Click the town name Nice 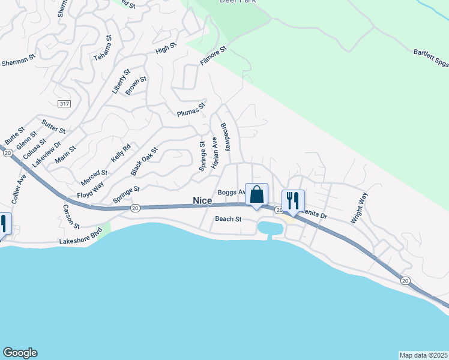tap(203, 200)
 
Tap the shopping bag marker tap(256, 195)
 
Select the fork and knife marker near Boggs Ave tap(293, 200)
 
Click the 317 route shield tap(64, 104)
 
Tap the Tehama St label tap(103, 48)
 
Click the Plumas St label tap(191, 109)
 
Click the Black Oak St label tap(143, 161)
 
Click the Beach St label tap(228, 219)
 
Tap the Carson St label tap(71, 217)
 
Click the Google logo tap(20, 353)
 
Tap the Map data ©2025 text tap(423, 355)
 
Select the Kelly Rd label tap(121, 154)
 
